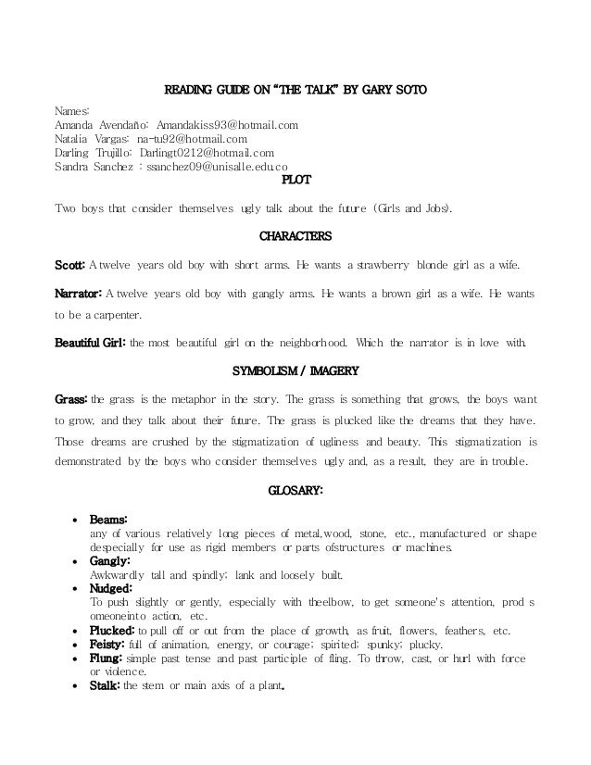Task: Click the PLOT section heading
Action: coord(295,180)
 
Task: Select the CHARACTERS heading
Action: coord(295,235)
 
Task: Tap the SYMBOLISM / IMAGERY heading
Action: coord(295,372)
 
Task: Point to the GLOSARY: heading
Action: coord(295,491)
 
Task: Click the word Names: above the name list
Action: coord(72,110)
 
